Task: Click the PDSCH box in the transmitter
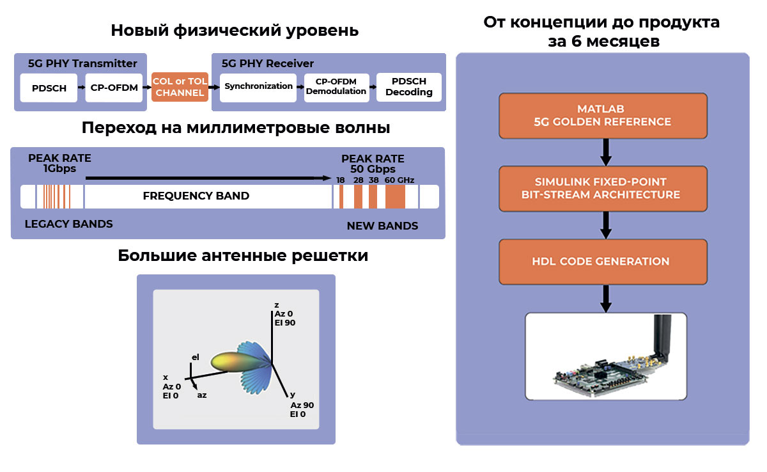[49, 88]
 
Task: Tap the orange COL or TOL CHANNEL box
[180, 87]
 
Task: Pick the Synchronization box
[258, 86]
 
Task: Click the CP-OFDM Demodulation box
[336, 86]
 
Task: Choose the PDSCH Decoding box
[408, 87]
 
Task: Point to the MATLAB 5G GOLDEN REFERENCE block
[602, 116]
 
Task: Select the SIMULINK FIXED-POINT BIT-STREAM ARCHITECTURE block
[602, 189]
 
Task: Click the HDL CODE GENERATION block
[602, 262]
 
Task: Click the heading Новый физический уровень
[235, 31]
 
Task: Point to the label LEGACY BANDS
[68, 224]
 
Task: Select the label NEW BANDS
[382, 226]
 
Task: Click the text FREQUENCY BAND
[196, 196]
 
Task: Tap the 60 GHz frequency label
[399, 180]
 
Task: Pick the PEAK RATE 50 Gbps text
[373, 164]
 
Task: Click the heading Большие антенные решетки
[243, 256]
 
